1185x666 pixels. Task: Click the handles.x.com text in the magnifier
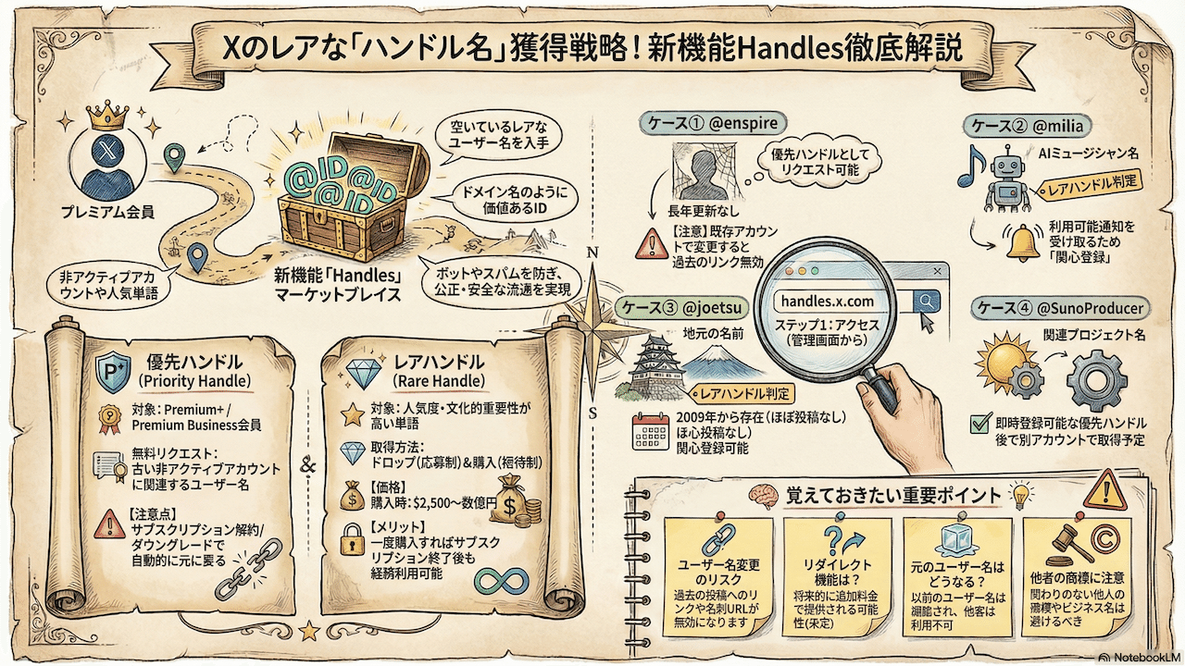coord(827,302)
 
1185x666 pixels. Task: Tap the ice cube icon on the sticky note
coord(951,541)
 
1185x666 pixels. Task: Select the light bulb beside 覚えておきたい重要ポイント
coord(1021,494)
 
